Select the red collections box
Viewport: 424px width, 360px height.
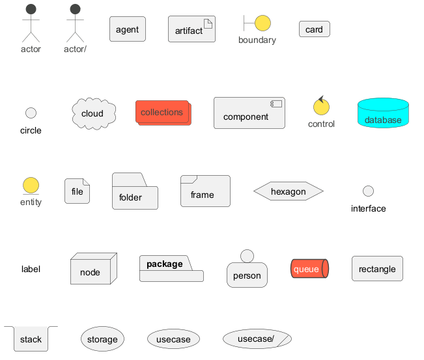(163, 113)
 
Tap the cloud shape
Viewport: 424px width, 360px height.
(93, 113)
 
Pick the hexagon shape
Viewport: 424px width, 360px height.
(288, 191)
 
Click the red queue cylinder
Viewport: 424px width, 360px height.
(309, 269)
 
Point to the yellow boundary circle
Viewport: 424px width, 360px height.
(262, 23)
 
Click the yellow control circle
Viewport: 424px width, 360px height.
(320, 106)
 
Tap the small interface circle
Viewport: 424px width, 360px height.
(368, 191)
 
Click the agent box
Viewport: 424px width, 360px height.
(127, 29)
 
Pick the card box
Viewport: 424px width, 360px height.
(315, 29)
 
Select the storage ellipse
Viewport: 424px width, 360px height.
(102, 339)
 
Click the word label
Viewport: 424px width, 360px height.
(31, 269)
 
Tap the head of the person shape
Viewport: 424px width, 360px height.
(247, 256)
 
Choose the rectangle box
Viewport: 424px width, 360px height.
(377, 269)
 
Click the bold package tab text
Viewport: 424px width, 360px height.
(164, 264)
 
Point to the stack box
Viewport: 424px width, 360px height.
(31, 339)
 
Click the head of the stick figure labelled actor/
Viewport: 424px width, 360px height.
(75, 9)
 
